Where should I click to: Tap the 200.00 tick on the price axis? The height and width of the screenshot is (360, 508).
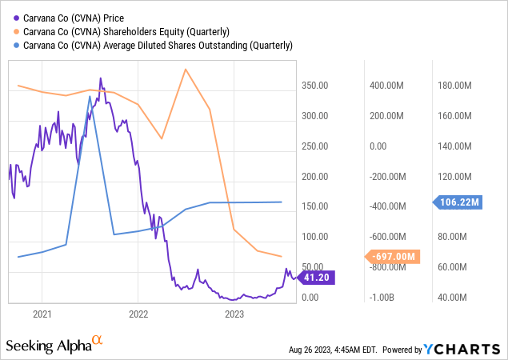click(x=314, y=177)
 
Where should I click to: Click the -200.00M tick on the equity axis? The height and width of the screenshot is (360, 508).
click(x=387, y=177)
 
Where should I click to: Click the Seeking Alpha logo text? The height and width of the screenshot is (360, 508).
click(x=49, y=346)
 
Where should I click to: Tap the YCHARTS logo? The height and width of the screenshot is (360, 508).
click(x=471, y=350)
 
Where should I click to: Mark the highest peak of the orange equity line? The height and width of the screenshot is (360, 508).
click(x=186, y=69)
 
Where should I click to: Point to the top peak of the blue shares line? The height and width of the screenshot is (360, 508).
click(x=90, y=96)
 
